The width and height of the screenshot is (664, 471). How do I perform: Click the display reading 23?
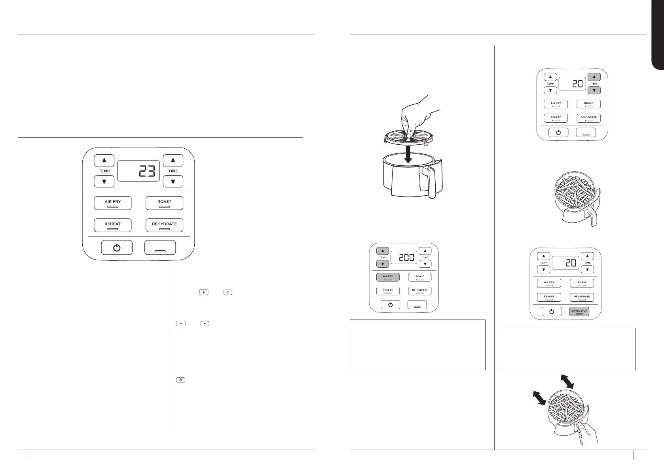point(139,171)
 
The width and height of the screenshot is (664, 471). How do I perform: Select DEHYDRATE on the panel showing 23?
point(164,225)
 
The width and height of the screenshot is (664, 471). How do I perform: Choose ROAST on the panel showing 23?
point(164,203)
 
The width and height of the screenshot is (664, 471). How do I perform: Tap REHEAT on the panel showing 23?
point(112,225)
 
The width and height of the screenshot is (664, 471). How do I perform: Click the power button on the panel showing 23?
point(117,248)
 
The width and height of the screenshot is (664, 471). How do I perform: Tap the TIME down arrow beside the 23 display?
point(173,182)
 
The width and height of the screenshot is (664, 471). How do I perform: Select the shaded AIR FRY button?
point(388,277)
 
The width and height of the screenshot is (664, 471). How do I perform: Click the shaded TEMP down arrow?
point(382,264)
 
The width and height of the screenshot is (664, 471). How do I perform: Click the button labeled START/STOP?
point(579,311)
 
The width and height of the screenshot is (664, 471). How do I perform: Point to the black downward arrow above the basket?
point(408,154)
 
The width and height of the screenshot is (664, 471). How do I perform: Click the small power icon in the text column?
point(180,380)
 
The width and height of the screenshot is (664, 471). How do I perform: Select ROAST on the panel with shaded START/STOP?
point(582,283)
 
